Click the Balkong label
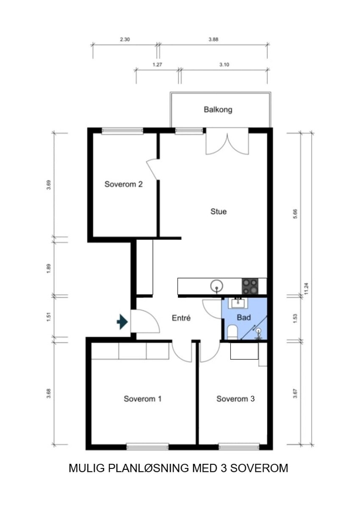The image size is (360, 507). point(218,110)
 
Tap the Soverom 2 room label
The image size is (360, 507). point(123,184)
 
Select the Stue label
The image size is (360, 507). point(218,212)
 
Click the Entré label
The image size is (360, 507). point(181,318)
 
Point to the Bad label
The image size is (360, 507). point(244,317)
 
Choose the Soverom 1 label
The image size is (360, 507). point(142,399)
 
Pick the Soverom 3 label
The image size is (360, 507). point(235,399)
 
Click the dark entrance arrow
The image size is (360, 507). point(122,322)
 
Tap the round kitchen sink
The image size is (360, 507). point(216,286)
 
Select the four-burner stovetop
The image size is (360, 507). point(250,287)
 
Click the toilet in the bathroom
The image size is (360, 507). point(232,332)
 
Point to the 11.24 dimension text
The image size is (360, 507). point(307,289)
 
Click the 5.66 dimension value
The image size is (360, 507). point(295,214)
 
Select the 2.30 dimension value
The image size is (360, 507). point(125,39)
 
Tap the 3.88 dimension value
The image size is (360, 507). point(213,39)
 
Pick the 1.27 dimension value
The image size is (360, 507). point(157,65)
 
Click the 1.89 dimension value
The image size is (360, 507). point(49,269)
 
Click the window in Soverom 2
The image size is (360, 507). point(122,131)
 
